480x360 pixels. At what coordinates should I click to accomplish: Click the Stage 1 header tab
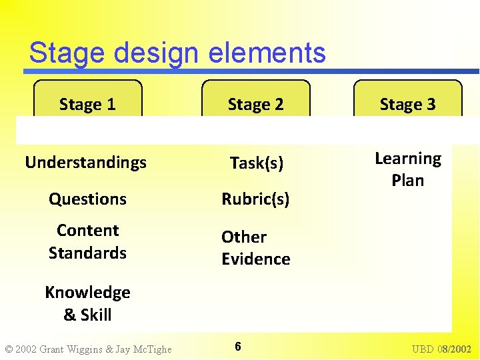point(87,104)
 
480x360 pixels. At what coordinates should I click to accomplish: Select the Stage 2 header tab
point(255,104)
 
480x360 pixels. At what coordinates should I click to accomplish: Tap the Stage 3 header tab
point(407,104)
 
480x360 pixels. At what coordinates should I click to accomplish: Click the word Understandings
point(85,163)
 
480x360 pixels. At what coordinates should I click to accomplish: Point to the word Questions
point(87,199)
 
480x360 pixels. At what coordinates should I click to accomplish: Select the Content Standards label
point(87,241)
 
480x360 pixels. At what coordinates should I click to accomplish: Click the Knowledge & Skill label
point(87,303)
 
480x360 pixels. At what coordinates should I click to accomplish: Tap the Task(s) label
point(256,163)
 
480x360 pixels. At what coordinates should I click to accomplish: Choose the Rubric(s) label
point(255,199)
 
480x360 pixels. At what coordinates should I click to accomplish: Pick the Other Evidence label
point(255,248)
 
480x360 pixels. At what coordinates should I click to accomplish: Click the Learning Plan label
point(407,169)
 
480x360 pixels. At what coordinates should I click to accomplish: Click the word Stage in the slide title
point(62,53)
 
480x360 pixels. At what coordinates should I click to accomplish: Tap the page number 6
point(238,346)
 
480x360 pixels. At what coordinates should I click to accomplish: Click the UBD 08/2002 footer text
point(441,349)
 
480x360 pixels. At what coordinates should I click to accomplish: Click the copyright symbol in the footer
point(8,349)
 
